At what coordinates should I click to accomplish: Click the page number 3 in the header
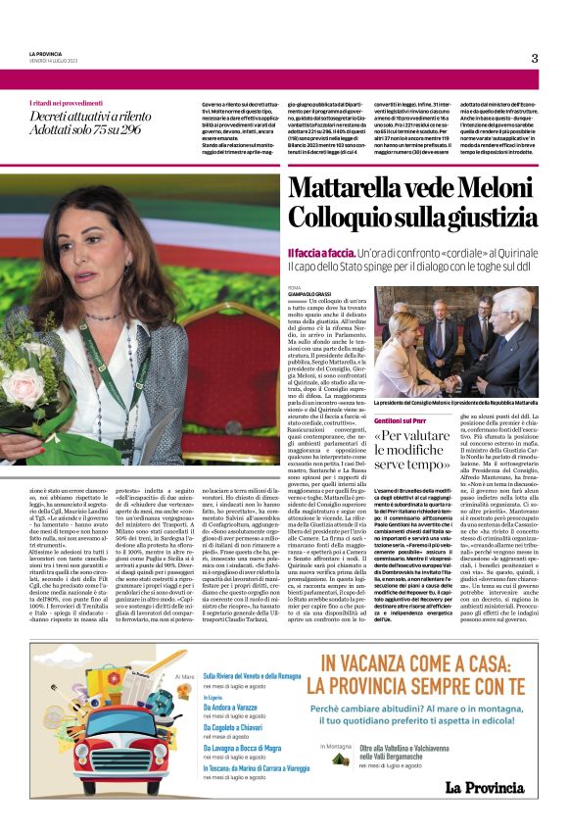(x=535, y=58)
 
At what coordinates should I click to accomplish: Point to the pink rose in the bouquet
(x=25, y=384)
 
